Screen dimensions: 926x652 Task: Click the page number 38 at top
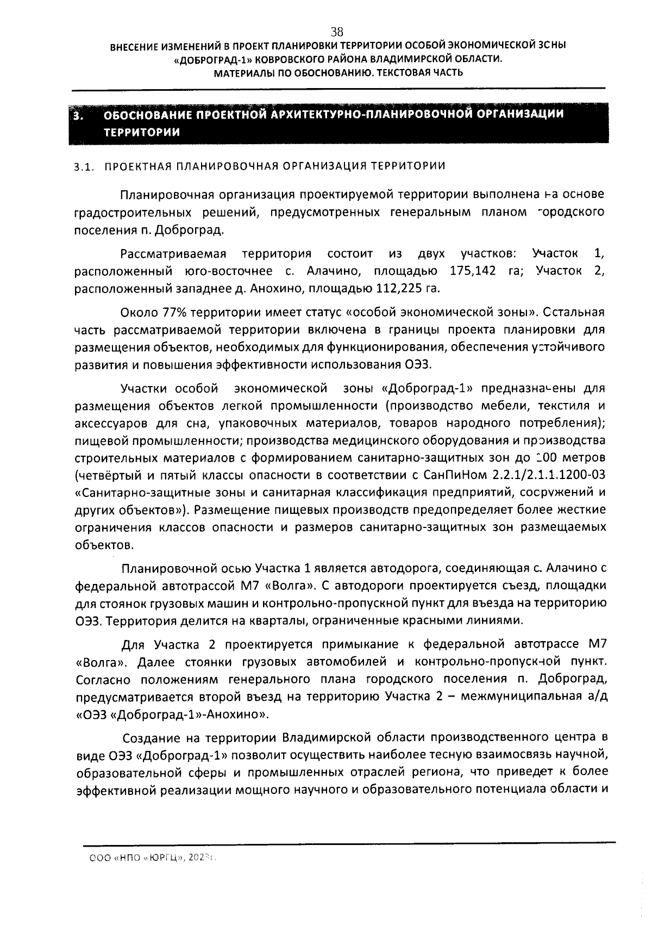click(x=337, y=32)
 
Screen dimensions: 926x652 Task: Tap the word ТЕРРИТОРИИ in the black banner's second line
click(x=142, y=132)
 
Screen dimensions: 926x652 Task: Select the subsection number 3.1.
click(x=85, y=166)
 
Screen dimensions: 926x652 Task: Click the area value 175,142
click(x=473, y=271)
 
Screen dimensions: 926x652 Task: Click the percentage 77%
click(x=175, y=313)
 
